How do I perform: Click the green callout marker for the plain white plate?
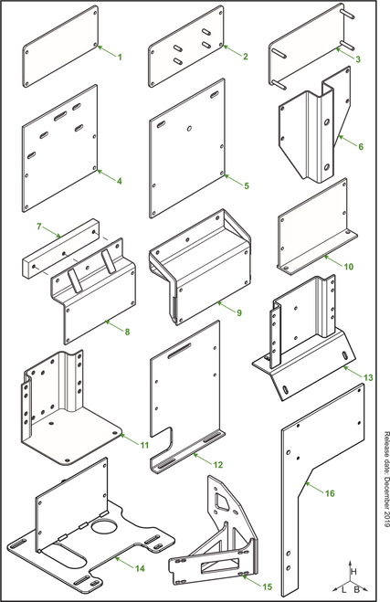pyautogui.click(x=117, y=57)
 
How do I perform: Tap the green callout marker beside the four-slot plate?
pyautogui.click(x=242, y=56)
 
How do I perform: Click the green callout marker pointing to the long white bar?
pyautogui.click(x=42, y=224)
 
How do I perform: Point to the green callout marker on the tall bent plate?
pyautogui.click(x=328, y=492)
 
